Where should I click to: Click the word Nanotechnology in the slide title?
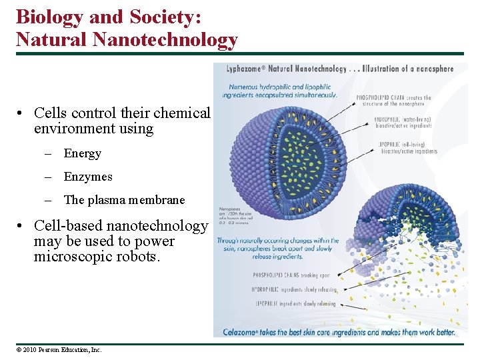(x=165, y=39)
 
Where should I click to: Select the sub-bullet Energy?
(x=82, y=153)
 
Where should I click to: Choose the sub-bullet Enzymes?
(x=88, y=177)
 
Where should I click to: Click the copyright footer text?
(x=59, y=349)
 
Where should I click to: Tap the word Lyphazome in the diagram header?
(x=244, y=69)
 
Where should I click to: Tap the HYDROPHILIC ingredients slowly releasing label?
(x=294, y=290)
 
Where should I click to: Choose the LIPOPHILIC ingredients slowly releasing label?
(x=294, y=304)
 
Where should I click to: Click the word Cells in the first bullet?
(x=49, y=113)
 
